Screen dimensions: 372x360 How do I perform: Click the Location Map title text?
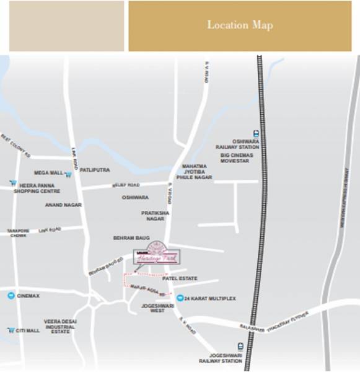coord(240,25)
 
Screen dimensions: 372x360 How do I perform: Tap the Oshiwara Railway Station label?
coord(237,144)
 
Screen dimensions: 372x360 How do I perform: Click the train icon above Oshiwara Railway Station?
coord(255,133)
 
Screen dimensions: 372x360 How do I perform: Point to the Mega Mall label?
coord(48,173)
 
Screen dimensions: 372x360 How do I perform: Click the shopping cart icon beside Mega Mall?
coord(68,174)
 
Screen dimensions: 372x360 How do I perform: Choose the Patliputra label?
coord(95,169)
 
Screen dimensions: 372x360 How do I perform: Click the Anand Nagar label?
coord(63,205)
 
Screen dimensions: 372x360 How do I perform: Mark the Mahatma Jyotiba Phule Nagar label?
coord(197,172)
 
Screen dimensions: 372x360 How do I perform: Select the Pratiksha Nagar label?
coord(155,216)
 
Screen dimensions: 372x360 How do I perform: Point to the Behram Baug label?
coord(131,237)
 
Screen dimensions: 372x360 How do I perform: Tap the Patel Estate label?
coord(180,278)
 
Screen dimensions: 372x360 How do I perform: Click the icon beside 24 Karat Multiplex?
coord(179,298)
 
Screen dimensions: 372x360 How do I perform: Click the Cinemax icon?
coord(11,296)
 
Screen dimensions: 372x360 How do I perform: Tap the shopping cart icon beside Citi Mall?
coord(11,330)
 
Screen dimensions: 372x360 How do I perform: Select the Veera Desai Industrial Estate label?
coord(59,326)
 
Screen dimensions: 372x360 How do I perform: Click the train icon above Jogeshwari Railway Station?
coord(240,346)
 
